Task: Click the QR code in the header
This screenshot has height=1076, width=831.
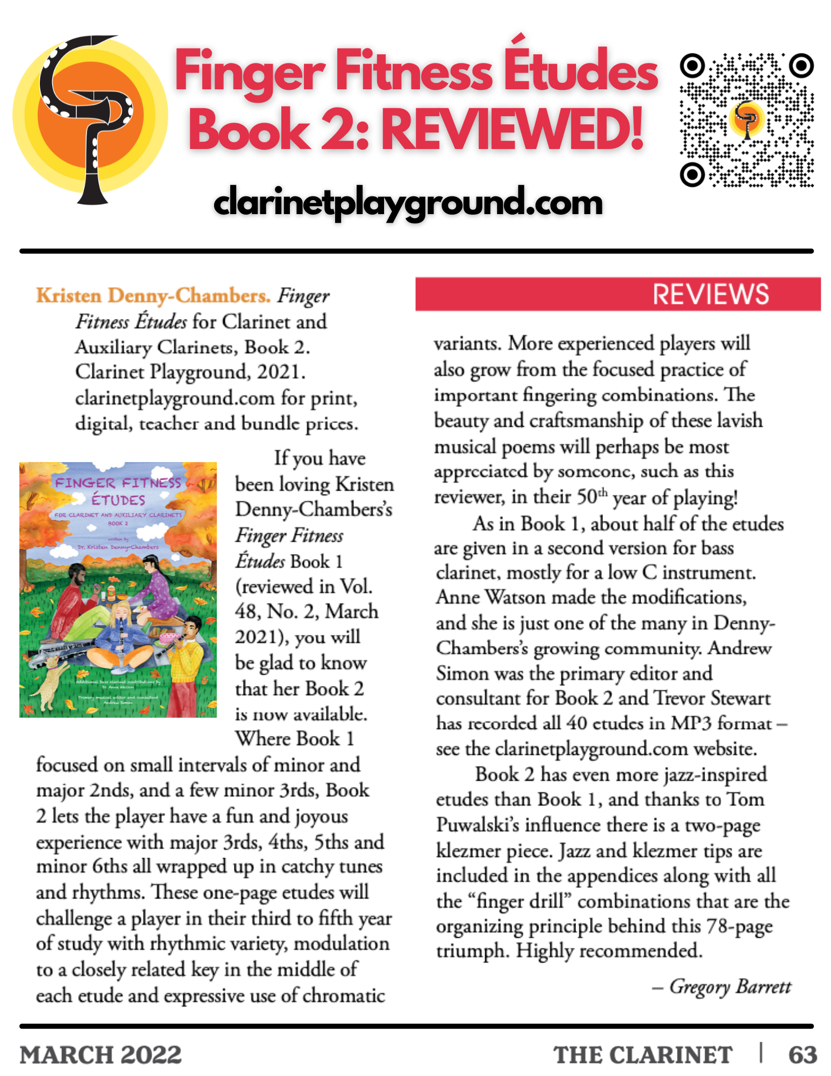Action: click(747, 120)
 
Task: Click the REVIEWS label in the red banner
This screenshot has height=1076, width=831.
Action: click(711, 294)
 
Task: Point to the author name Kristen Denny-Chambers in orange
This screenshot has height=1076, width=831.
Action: click(153, 295)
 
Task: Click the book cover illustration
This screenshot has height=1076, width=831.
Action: click(118, 589)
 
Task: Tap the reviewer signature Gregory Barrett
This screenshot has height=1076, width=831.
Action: click(730, 986)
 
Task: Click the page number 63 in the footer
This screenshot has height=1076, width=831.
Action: click(802, 1054)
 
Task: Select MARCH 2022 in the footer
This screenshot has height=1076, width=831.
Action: click(101, 1054)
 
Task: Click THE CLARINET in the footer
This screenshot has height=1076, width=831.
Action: click(643, 1054)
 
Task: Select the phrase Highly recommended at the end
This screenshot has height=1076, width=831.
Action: click(609, 951)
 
